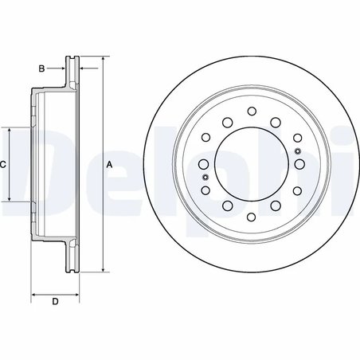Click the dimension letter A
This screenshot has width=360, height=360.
pyautogui.click(x=109, y=164)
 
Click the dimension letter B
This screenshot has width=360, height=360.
pyautogui.click(x=41, y=68)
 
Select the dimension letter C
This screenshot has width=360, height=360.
pyautogui.click(x=4, y=164)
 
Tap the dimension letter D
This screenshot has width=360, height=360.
pyautogui.click(x=54, y=301)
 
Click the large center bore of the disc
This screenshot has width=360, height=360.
pyautogui.click(x=251, y=164)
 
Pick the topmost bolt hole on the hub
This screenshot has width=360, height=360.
pyautogui.click(x=251, y=111)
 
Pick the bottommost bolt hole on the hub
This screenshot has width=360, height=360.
pyautogui.click(x=251, y=217)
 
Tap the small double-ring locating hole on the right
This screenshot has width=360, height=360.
pyautogui.click(x=298, y=151)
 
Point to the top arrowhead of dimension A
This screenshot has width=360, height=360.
pyautogui.click(x=102, y=59)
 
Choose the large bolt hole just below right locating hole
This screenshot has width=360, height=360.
pyautogui.click(x=300, y=164)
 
